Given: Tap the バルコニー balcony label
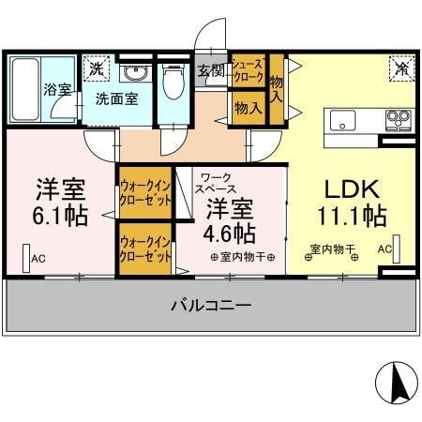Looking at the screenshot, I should click(210, 306).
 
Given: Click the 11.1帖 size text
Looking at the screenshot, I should click(352, 217).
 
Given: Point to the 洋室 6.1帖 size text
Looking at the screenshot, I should click(62, 216).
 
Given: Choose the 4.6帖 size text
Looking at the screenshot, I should click(231, 231).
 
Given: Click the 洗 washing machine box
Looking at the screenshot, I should click(96, 68).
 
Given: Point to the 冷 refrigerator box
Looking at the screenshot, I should click(400, 68).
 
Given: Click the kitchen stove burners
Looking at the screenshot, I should click(399, 119).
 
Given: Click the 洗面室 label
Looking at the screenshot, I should click(117, 98).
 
